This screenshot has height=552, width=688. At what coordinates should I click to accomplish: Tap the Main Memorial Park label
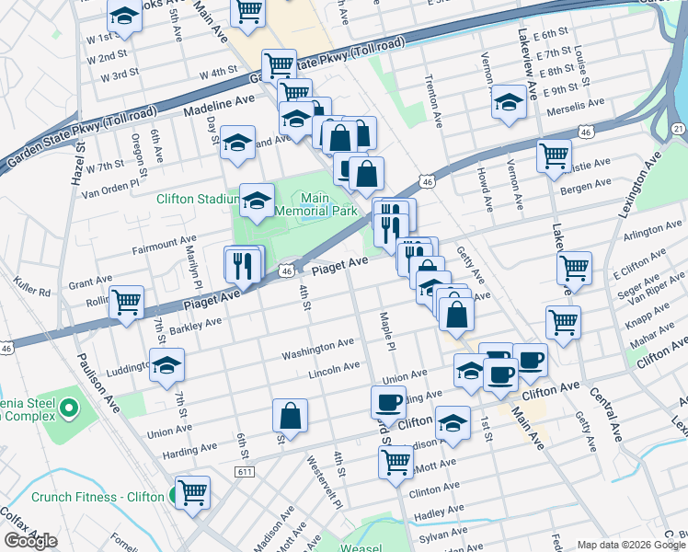coord(328,203)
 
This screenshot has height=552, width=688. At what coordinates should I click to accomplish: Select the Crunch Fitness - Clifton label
coord(98,498)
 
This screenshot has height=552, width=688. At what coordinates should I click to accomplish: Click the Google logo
coord(30,541)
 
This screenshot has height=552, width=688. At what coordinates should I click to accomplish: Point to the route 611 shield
coord(245,472)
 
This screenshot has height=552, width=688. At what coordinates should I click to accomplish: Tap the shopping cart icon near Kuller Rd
coord(126,302)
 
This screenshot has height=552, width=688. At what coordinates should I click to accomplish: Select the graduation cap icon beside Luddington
coord(166,364)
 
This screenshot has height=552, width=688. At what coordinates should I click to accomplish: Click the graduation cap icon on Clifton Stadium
coord(257,200)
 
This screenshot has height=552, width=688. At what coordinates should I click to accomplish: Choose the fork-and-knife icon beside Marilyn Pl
coord(243,265)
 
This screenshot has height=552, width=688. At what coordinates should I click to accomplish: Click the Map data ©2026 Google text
coord(630,544)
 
